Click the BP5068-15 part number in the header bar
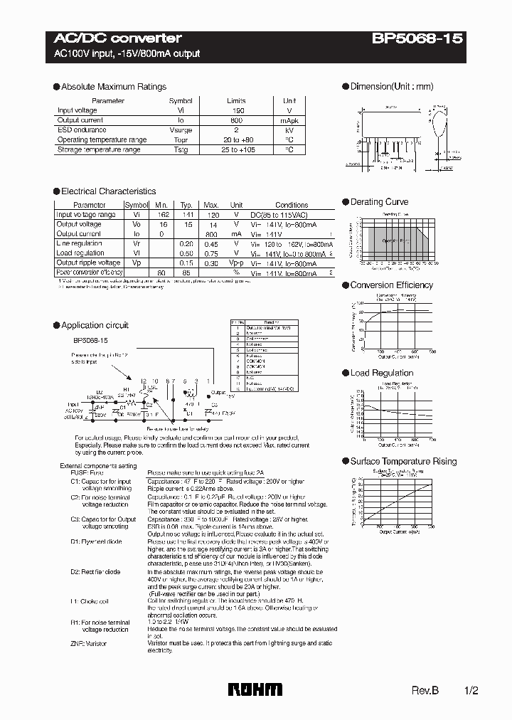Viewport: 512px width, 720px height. tap(417, 38)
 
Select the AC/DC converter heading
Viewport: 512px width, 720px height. tap(118, 38)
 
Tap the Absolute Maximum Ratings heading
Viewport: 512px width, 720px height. tap(114, 87)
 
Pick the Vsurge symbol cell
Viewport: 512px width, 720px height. tap(181, 130)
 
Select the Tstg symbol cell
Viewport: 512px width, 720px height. tap(181, 150)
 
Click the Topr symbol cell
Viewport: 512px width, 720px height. tap(181, 140)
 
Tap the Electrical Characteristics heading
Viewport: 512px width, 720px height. tap(108, 191)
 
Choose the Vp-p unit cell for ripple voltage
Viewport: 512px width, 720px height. tap(237, 263)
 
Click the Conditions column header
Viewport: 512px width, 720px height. tap(292, 205)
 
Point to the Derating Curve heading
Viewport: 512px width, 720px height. tap(379, 202)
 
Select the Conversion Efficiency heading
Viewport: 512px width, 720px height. tap(391, 285)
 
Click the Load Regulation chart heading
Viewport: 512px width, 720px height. tap(381, 373)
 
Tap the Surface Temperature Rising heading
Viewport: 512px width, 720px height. tap(403, 462)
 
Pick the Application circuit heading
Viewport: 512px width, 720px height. tap(95, 325)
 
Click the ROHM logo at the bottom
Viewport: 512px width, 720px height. tap(255, 689)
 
